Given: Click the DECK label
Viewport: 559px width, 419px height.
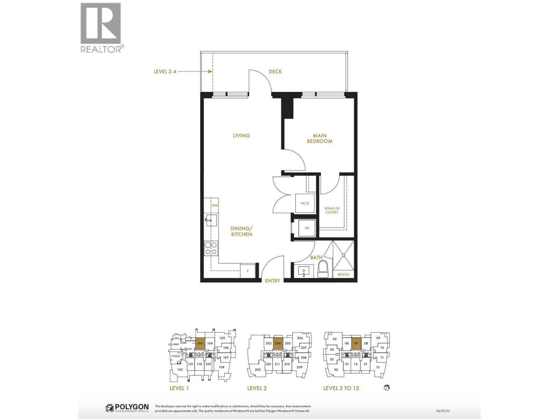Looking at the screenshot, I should tap(275, 72).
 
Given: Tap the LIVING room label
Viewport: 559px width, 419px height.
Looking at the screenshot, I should tap(241, 135).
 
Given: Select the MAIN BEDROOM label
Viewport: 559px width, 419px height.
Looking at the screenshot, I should tap(320, 138).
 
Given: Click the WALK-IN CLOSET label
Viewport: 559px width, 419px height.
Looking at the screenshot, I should tap(332, 210).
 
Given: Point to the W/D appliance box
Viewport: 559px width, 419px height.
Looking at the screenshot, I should tap(305, 204).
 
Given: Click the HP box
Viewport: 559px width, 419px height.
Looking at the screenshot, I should tap(307, 228).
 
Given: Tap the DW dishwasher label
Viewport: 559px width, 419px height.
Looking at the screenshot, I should tap(215, 206).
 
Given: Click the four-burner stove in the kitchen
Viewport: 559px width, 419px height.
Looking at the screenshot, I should tap(211, 248).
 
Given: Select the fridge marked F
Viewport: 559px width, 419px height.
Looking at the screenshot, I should tap(248, 271).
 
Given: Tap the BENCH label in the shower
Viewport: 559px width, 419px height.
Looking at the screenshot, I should tap(343, 274).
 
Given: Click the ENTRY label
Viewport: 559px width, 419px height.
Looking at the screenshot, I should tap(273, 281).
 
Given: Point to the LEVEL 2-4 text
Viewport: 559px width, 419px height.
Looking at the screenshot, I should tap(165, 72).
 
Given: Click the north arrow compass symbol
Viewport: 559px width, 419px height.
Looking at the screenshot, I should tap(386, 387).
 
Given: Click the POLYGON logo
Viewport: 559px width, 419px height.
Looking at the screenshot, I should tap(127, 407).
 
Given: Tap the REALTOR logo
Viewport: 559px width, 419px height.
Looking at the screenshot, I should tap(101, 28).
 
